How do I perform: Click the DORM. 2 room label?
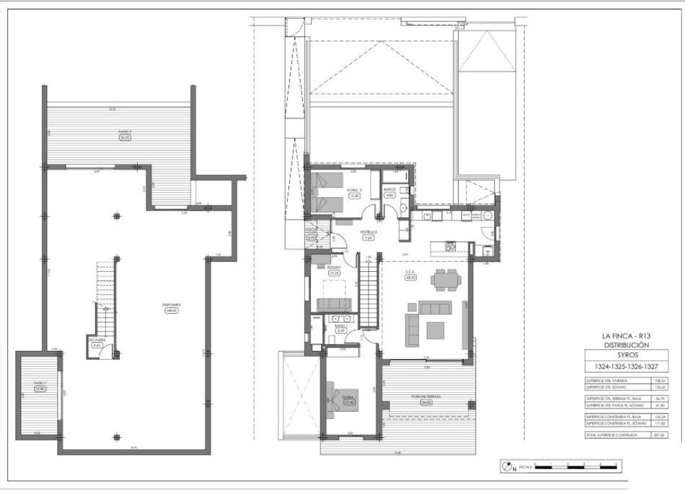[355, 190]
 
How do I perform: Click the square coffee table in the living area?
[435, 330]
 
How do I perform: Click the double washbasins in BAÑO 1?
[342, 318]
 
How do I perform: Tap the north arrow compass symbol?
[508, 465]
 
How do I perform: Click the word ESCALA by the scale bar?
[526, 466]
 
